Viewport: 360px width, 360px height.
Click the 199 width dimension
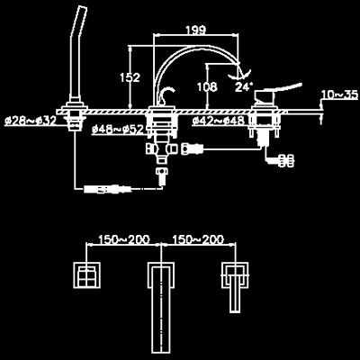click(x=196, y=30)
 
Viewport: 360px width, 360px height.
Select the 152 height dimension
click(x=130, y=77)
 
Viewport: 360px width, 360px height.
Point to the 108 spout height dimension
click(x=207, y=87)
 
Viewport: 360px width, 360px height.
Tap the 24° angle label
click(x=244, y=87)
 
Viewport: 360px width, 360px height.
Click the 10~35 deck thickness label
click(x=340, y=94)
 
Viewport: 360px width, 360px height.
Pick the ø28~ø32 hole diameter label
click(x=31, y=121)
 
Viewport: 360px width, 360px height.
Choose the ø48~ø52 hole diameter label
click(x=118, y=130)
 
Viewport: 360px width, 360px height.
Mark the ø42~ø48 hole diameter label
click(x=218, y=121)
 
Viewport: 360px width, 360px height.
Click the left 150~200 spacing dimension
click(x=124, y=239)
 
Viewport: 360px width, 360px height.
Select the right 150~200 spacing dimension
click(x=198, y=239)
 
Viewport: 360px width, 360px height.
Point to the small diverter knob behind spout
click(x=166, y=94)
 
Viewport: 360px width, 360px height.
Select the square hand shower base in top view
click(x=87, y=274)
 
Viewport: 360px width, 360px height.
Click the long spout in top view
click(x=161, y=310)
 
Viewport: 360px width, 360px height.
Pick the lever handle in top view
click(x=235, y=287)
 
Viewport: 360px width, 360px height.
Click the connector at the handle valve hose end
click(x=286, y=160)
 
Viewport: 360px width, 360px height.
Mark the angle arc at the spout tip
click(x=240, y=75)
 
